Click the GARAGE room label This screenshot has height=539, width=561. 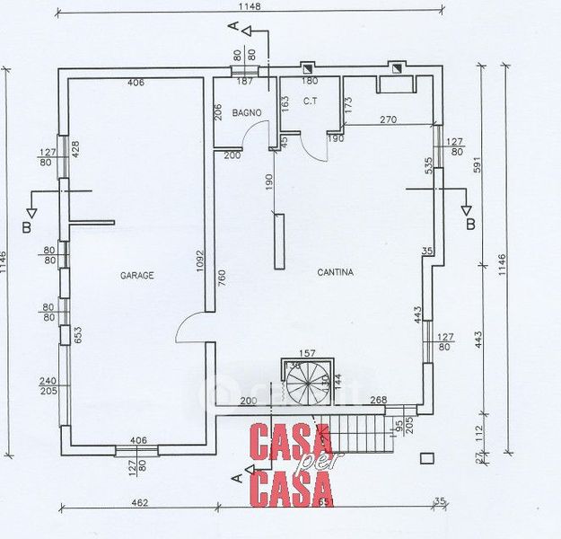137,276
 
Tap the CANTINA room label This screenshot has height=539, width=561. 336,272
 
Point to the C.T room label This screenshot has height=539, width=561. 311,102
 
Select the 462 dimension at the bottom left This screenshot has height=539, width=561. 137,502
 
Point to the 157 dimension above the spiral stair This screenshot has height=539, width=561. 308,353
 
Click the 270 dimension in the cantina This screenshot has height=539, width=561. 388,119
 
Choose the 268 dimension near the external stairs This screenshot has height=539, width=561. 378,401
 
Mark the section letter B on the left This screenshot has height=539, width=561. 26,227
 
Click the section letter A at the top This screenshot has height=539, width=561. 233,28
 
